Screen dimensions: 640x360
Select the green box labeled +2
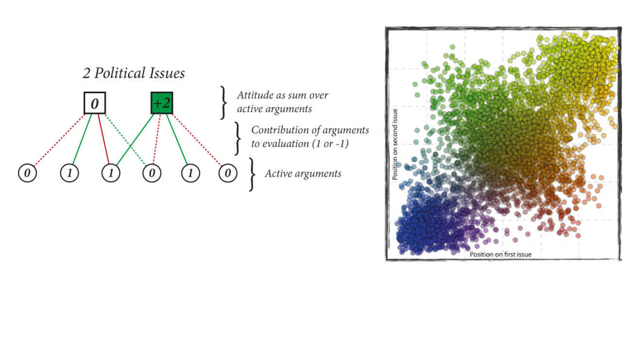(x=162, y=103)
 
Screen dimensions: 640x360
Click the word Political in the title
(x=120, y=73)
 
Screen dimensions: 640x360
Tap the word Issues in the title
(x=168, y=73)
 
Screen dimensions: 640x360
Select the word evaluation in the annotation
(x=286, y=144)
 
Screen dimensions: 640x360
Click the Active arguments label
(x=303, y=174)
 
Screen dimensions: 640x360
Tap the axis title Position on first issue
(x=501, y=254)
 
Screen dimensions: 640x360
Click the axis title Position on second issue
(x=395, y=144)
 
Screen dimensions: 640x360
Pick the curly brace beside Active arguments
(x=252, y=174)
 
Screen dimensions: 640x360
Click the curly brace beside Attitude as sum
(x=224, y=103)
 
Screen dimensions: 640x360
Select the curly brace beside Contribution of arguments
(x=238, y=138)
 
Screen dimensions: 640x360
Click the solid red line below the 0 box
(x=104, y=139)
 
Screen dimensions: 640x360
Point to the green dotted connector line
(x=126, y=140)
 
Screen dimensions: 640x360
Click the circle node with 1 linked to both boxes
(x=111, y=173)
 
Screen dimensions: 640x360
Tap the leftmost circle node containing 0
(x=27, y=173)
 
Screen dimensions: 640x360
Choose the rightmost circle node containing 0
(x=228, y=173)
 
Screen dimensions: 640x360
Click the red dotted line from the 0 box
(x=59, y=140)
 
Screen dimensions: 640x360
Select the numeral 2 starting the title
(x=86, y=74)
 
